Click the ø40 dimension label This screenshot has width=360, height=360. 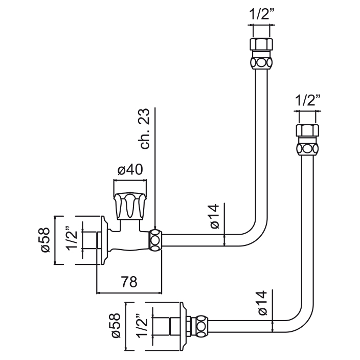(130, 170)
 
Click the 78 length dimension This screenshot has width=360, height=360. (129, 282)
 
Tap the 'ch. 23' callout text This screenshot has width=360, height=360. (146, 129)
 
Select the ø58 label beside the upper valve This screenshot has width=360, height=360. (45, 239)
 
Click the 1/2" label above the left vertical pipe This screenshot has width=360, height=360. (261, 14)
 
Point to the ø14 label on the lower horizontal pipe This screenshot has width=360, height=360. (262, 303)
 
